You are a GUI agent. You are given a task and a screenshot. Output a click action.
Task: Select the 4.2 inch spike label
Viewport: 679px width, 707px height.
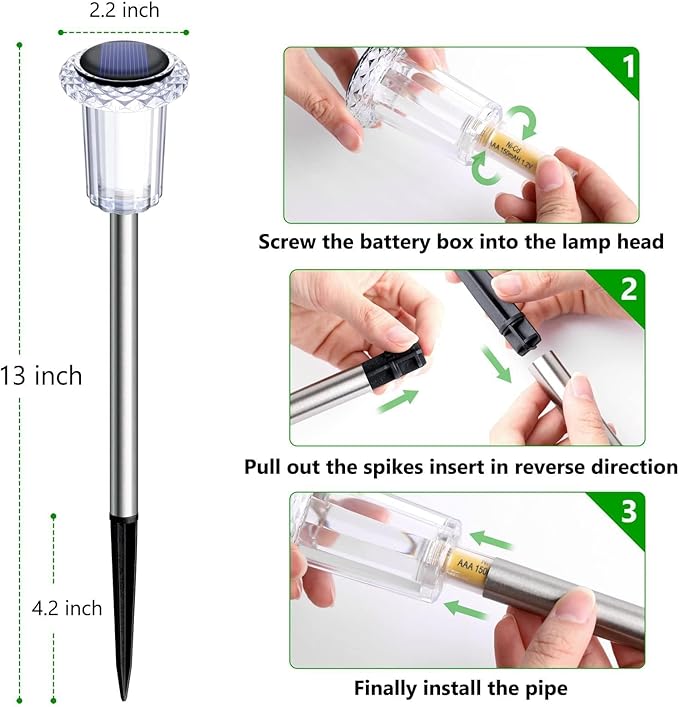(67, 608)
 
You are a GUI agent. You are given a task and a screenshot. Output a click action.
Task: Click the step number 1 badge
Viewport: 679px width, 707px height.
(627, 68)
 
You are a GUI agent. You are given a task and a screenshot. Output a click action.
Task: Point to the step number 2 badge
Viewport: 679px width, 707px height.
(628, 289)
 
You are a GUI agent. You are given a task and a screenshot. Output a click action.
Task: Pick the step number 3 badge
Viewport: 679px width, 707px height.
(628, 511)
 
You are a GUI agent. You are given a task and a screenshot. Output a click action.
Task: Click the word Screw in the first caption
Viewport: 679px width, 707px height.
(290, 242)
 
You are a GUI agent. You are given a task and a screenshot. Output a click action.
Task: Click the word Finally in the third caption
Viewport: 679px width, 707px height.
(392, 688)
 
